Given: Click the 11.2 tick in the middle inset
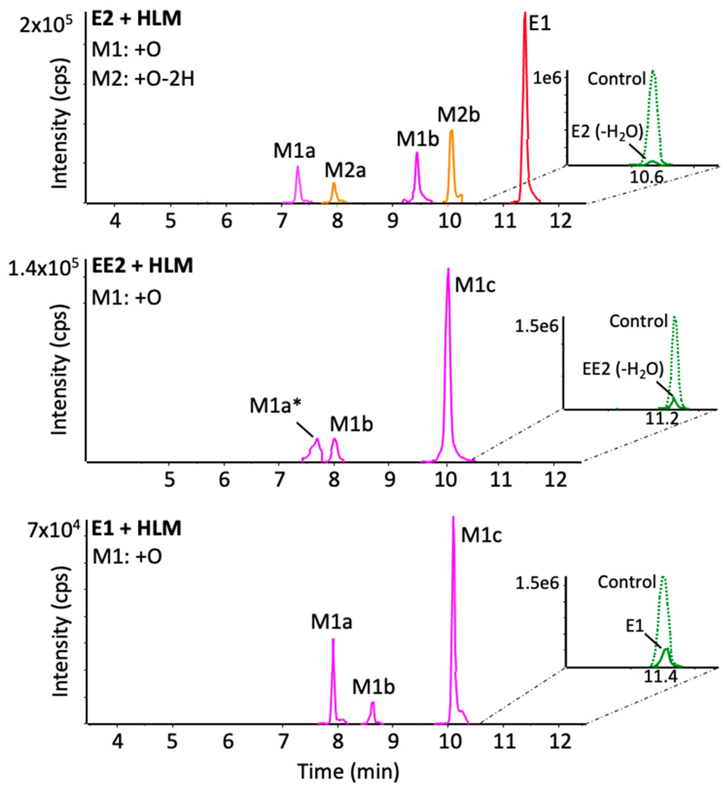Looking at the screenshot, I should (662, 419).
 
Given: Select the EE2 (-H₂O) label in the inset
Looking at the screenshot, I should (623, 369).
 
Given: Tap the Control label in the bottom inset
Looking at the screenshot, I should (627, 581).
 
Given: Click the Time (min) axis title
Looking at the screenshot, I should (348, 772).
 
